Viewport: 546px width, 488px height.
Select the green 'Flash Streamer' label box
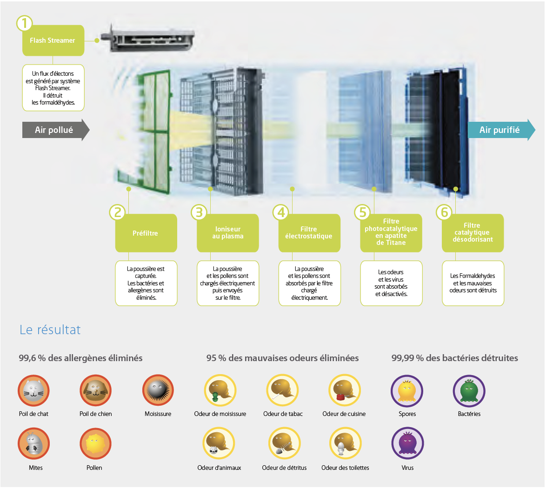pyautogui.click(x=53, y=40)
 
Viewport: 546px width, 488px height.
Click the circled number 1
pyautogui.click(x=24, y=23)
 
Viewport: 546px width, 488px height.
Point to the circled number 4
pyautogui.click(x=281, y=212)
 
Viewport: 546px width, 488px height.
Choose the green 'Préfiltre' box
pyautogui.click(x=146, y=233)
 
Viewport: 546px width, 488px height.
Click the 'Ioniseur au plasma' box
pyautogui.click(x=228, y=233)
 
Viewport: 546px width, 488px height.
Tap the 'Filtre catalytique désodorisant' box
pyautogui.click(x=473, y=233)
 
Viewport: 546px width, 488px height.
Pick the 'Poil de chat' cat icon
pyautogui.click(x=33, y=390)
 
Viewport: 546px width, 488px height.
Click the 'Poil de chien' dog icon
pyautogui.click(x=95, y=390)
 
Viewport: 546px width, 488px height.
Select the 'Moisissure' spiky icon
pyautogui.click(x=158, y=390)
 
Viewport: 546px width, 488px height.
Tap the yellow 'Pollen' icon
pyautogui.click(x=95, y=444)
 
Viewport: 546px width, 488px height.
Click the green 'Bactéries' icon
pyautogui.click(x=469, y=391)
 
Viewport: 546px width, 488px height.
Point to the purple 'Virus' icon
pyautogui.click(x=407, y=443)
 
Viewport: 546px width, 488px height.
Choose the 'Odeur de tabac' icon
pyautogui.click(x=282, y=390)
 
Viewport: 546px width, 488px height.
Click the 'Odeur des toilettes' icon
pyautogui.click(x=345, y=444)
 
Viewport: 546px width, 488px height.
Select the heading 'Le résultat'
pyautogui.click(x=50, y=330)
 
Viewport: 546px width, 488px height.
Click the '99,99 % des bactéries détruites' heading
pyautogui.click(x=454, y=358)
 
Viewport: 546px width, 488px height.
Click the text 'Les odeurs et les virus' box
pyautogui.click(x=391, y=283)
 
